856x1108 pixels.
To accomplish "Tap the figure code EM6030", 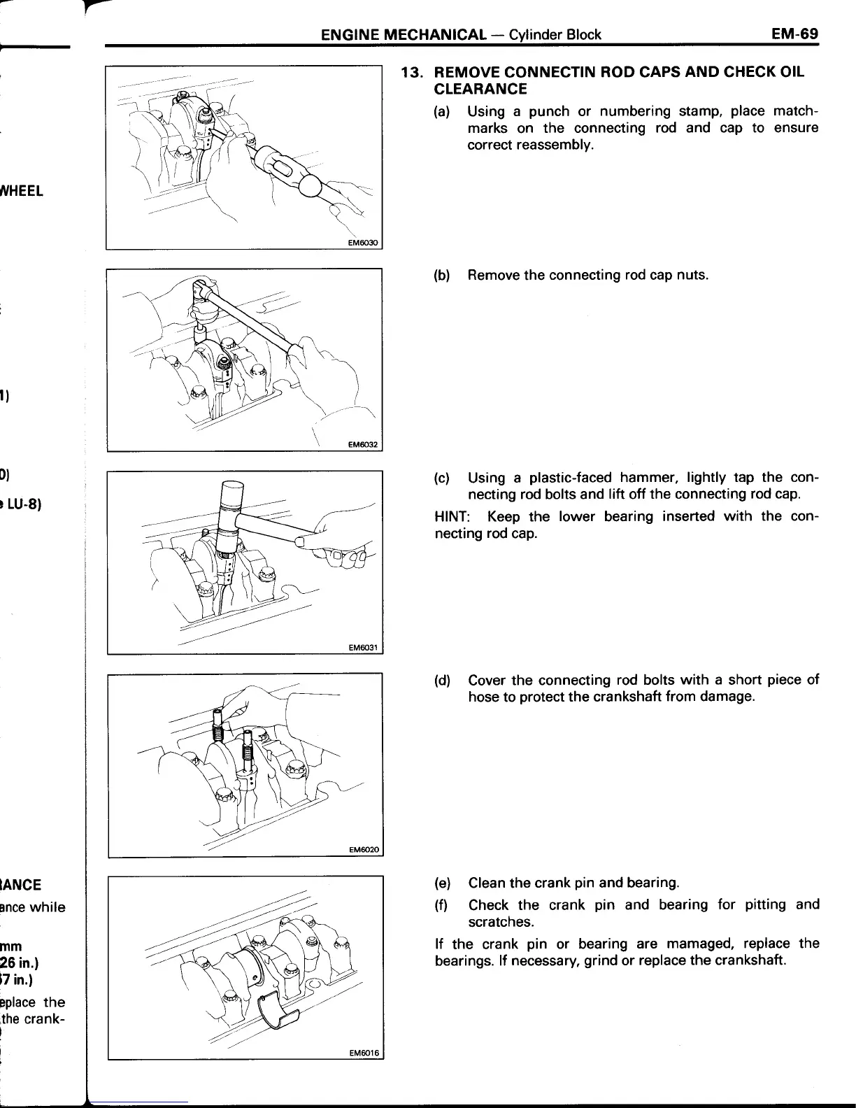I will [362, 243].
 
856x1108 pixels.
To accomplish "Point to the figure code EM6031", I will [362, 648].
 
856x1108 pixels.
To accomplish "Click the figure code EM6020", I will [362, 850].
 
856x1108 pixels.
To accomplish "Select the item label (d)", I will [441, 681].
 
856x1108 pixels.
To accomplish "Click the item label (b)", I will [441, 275].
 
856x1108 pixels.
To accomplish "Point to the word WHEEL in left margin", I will [22, 190].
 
